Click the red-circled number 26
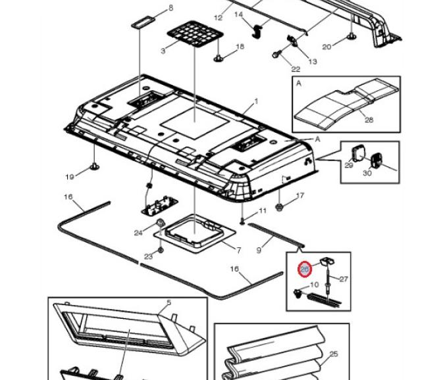304,269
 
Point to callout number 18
240,47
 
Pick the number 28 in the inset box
369,119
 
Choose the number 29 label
348,166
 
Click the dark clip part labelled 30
378,160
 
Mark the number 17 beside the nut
300,195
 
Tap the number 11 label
262,210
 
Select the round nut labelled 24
159,224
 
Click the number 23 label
148,255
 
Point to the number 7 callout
238,250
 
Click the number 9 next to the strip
259,250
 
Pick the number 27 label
344,279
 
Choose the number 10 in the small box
314,285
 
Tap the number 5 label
169,302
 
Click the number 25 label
333,354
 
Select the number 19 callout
70,176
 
